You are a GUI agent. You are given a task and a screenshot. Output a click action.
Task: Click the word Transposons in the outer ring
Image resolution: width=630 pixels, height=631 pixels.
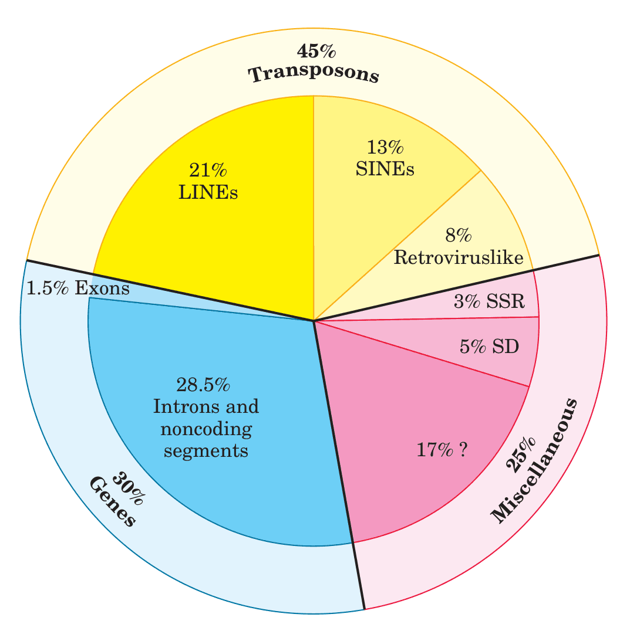coord(313,75)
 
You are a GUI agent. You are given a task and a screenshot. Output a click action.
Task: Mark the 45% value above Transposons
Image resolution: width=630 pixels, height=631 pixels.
coord(316,52)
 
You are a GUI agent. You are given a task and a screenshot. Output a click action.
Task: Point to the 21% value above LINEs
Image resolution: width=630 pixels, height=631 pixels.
coord(208,171)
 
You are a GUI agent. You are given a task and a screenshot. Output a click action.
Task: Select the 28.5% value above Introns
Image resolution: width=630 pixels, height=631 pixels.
coord(203,385)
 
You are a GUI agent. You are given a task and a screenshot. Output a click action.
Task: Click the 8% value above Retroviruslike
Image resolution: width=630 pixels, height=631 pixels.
coord(459,236)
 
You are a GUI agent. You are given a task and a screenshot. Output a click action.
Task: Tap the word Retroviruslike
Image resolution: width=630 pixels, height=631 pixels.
coord(459,257)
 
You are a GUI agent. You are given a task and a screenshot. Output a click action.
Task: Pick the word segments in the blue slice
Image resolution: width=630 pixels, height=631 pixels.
coord(206,451)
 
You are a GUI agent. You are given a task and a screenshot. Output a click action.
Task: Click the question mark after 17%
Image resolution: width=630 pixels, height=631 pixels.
coord(463,450)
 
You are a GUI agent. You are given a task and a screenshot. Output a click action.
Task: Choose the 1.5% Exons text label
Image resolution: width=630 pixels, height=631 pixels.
coord(78,289)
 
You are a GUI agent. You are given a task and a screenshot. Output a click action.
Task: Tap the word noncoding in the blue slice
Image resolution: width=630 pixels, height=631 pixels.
coord(206,429)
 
